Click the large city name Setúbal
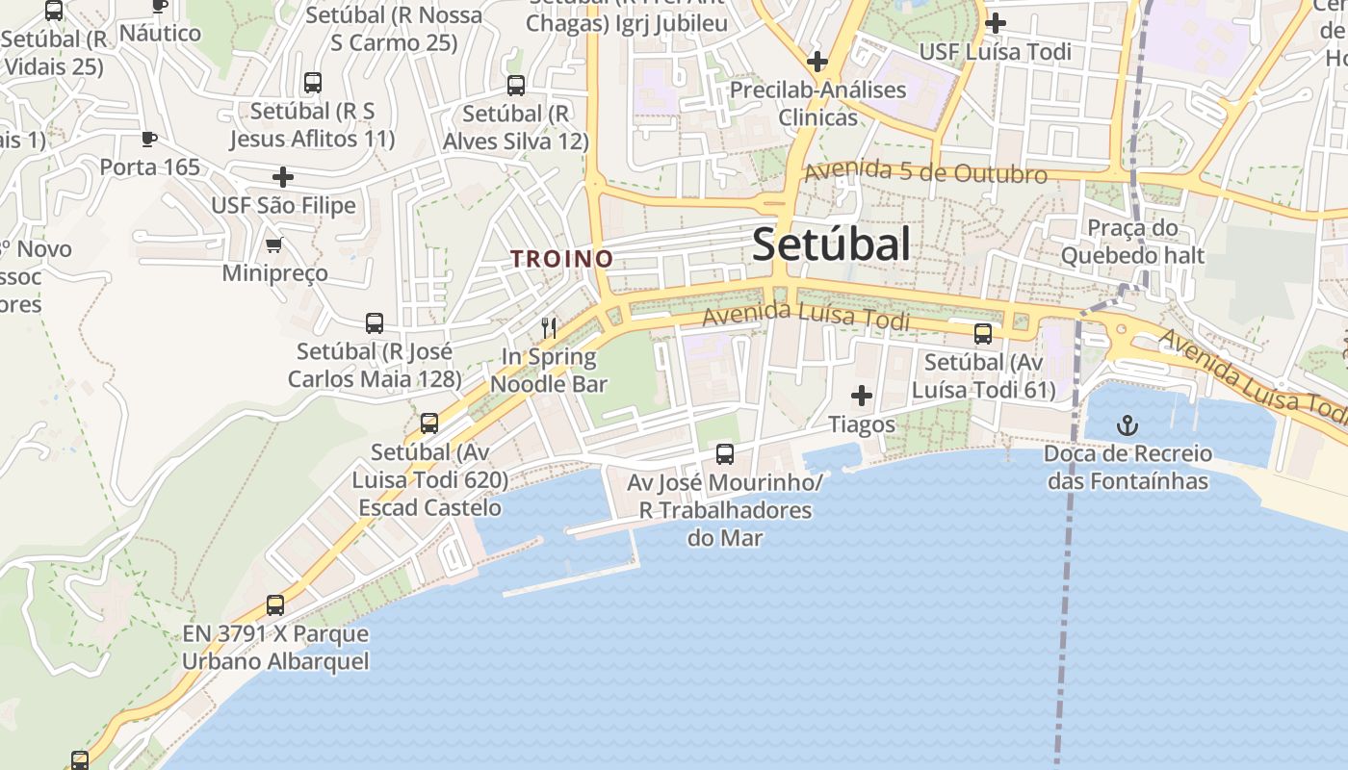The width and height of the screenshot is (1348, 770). [831, 244]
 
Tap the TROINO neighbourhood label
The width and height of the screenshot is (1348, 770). [562, 258]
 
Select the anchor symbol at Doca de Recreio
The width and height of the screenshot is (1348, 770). [1126, 424]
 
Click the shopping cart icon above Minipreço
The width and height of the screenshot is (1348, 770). [274, 244]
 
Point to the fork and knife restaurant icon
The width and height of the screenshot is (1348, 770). [549, 327]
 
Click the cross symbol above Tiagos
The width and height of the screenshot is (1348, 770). [862, 396]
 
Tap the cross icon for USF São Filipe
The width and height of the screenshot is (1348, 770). [283, 177]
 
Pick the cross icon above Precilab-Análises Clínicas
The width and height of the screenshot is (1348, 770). [817, 63]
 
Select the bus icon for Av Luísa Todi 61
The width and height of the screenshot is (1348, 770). [983, 334]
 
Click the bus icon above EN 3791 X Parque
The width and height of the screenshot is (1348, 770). [275, 605]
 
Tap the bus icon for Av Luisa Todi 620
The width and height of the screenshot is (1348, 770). [429, 423]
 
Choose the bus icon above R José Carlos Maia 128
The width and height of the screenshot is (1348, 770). [375, 323]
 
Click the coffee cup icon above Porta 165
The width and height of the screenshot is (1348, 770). [149, 140]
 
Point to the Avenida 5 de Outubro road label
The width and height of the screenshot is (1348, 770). [925, 172]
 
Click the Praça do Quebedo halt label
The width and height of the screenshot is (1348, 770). [1132, 242]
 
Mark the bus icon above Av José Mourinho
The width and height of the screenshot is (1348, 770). [725, 453]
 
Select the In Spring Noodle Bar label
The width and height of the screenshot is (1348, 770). [549, 371]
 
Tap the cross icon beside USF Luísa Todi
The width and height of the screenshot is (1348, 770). [996, 22]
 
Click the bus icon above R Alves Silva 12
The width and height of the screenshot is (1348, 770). [516, 86]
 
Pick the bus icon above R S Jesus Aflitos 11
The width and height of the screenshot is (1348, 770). [312, 83]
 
